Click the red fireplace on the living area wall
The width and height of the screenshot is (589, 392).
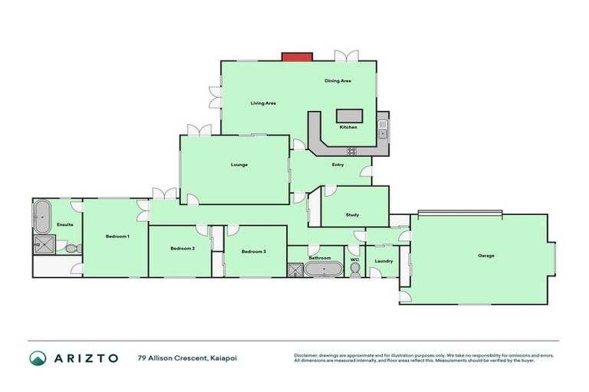point(297,57)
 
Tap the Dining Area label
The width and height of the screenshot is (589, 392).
point(337,80)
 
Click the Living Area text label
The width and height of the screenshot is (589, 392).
point(263,103)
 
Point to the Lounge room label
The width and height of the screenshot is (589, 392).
point(239,165)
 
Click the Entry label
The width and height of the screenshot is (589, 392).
point(337,165)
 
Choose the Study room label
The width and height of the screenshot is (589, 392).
point(352,215)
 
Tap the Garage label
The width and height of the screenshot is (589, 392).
point(485,256)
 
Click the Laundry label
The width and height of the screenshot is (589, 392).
point(383,261)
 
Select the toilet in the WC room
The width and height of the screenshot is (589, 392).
point(354,270)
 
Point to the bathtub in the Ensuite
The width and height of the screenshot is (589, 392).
point(41,215)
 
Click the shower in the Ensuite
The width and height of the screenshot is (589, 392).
point(41,245)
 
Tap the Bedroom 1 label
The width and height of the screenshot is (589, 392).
point(117,237)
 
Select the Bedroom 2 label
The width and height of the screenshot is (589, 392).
point(183,248)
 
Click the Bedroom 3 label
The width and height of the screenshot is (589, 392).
point(253,251)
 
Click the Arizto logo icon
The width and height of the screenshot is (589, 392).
point(38,358)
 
